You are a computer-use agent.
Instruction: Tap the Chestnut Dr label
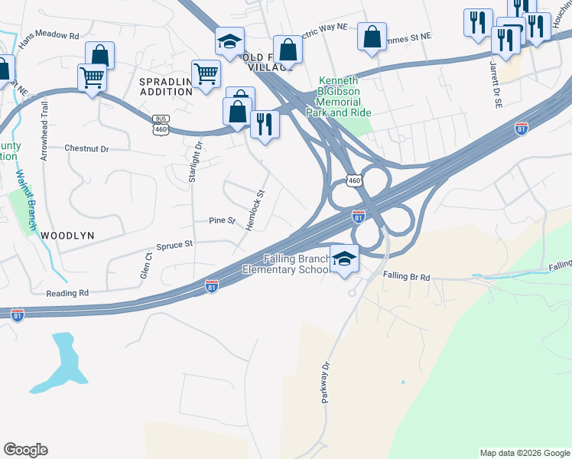tap(87, 148)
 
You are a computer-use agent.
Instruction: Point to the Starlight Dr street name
tap(195, 158)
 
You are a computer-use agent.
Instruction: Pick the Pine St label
tap(223, 220)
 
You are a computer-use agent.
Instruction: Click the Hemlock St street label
tap(255, 210)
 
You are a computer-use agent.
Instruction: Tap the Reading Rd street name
tap(67, 293)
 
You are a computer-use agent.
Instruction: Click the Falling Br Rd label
tap(406, 276)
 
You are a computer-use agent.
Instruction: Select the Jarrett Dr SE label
tap(493, 73)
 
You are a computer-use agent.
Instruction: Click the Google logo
tap(25, 450)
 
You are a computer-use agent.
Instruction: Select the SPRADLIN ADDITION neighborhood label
tap(165, 86)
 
